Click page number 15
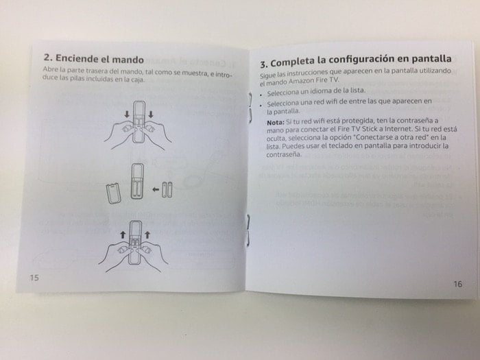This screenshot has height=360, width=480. click(34, 278)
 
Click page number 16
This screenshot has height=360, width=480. click(457, 284)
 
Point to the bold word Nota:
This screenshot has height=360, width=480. click(276, 123)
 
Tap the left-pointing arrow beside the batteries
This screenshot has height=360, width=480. click(156, 190)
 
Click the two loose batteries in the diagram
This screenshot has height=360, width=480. click(167, 190)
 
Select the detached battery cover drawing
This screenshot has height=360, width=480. click(114, 193)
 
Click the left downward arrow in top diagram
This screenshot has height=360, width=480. click(127, 115)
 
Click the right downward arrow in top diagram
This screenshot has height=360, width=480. click(151, 115)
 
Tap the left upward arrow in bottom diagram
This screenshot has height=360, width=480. click(123, 235)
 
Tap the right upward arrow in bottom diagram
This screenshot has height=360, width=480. click(147, 235)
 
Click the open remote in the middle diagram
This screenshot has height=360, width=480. click(137, 182)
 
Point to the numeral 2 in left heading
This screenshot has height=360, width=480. click(47, 58)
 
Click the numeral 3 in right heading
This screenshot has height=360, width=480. click(263, 64)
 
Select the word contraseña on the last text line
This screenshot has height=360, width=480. click(283, 154)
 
